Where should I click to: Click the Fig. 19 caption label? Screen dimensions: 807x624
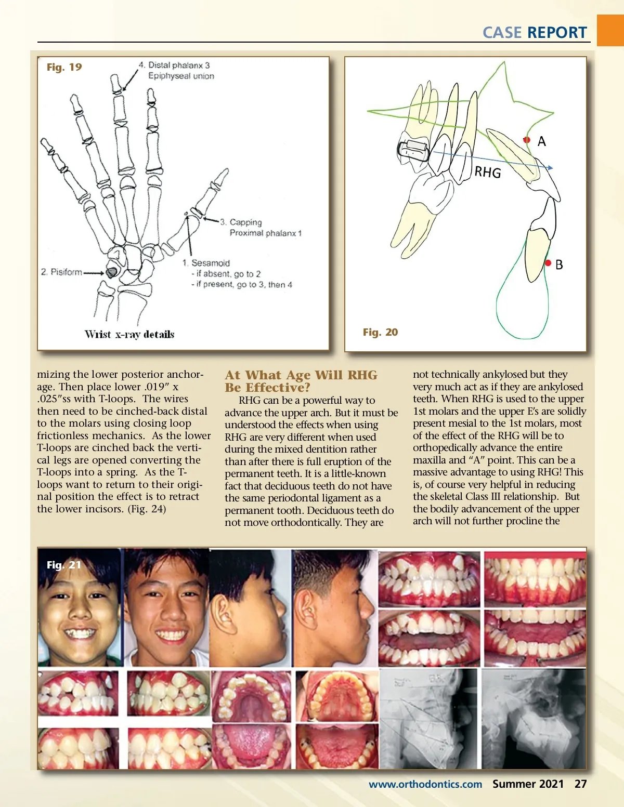[x=64, y=67]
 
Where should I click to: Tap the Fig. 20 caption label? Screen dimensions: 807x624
[x=380, y=332]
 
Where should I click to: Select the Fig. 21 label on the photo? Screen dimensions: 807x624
[x=64, y=565]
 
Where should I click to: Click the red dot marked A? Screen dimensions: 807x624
[x=527, y=140]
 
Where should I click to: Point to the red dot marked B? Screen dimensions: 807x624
[x=548, y=263]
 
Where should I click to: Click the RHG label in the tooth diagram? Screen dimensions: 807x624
[x=488, y=172]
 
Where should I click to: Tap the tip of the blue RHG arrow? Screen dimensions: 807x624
[x=552, y=168]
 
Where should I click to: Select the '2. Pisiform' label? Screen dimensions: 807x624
[x=61, y=272]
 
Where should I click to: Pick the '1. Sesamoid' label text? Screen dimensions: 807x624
[x=206, y=263]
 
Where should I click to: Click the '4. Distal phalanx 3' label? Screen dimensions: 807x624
[x=174, y=65]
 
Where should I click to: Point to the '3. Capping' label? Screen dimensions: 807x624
[x=241, y=222]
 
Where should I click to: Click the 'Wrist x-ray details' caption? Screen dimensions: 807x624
[x=129, y=334]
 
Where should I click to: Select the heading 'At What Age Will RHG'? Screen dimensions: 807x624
[x=301, y=375]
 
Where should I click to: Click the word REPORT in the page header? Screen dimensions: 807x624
[x=557, y=33]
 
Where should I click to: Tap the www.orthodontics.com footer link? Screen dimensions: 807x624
[x=425, y=784]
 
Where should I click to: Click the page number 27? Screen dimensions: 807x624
[x=581, y=784]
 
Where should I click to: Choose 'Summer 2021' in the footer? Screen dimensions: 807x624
[x=528, y=784]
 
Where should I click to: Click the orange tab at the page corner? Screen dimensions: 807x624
[x=610, y=30]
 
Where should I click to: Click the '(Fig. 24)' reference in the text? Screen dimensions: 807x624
[x=147, y=509]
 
